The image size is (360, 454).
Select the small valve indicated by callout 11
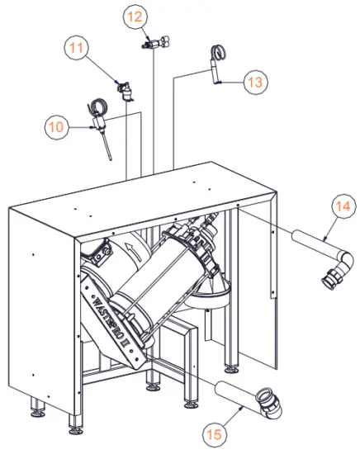point(126,89)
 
